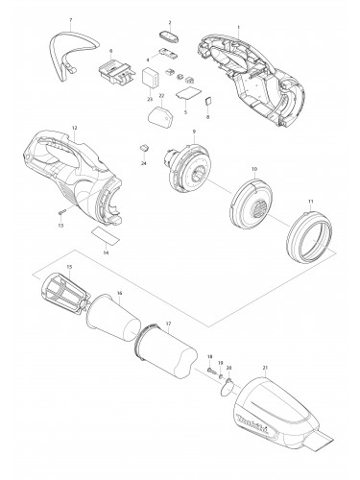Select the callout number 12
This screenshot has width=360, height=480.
[74, 128]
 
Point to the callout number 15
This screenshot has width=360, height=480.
[69, 266]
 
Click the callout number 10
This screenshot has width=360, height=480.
[253, 169]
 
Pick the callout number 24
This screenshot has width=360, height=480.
[144, 164]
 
